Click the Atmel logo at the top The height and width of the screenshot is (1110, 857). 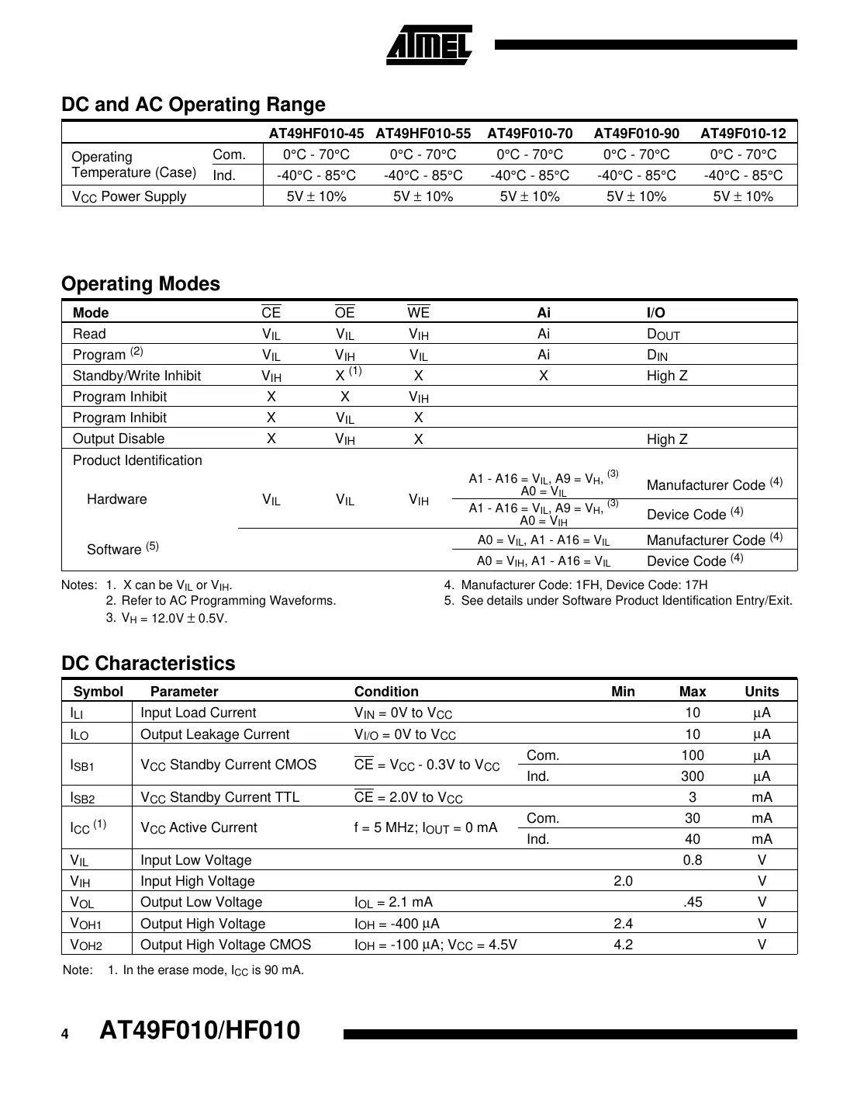point(429,45)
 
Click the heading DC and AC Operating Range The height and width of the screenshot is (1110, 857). point(193,105)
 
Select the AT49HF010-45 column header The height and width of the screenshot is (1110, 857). point(316,133)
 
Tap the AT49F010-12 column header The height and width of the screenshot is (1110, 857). point(743,133)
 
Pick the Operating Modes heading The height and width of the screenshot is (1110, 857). point(140,284)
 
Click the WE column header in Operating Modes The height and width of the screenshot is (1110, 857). point(418,313)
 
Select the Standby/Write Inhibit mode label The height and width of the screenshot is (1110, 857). point(136,376)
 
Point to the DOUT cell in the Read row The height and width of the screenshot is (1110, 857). point(663,335)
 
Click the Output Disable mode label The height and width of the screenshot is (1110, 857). point(119,439)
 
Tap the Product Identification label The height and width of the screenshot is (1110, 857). point(137,460)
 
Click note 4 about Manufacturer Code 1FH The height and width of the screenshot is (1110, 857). point(575,585)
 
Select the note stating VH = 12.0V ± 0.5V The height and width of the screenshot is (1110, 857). point(166,619)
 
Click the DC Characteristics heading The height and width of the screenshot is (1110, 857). point(148,664)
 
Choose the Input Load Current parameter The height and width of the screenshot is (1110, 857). point(198,713)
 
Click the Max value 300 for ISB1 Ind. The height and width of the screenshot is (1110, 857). point(692,776)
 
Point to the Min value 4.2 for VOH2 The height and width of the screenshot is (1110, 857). point(623,945)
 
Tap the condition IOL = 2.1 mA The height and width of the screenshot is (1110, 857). point(393,902)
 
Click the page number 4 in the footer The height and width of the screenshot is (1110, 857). point(65,1034)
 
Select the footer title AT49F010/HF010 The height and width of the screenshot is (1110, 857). point(199,1031)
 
